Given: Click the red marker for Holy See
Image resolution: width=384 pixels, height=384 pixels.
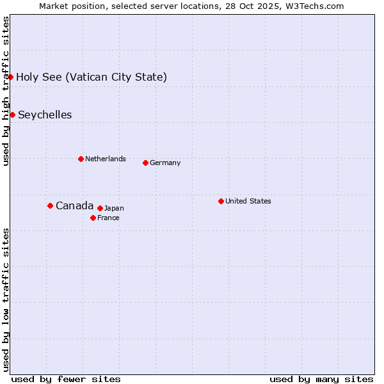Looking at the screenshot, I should point(11,77).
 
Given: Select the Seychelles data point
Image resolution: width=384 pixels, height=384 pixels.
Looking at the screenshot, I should point(12,115).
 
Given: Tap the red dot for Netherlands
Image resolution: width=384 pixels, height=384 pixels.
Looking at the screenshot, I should point(81,159).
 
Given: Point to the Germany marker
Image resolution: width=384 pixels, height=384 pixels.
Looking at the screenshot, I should point(145,163).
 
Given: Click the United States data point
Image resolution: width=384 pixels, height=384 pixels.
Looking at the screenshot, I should point(221,201).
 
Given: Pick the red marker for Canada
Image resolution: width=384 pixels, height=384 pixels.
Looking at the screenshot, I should point(50,205).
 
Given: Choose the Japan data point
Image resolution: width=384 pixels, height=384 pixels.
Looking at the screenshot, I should point(100,208).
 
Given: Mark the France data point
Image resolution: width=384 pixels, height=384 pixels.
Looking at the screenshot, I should point(93,218).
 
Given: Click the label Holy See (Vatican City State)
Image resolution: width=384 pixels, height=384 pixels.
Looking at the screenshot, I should point(92,77).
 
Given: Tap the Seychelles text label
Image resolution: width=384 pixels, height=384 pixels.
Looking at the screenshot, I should point(45,115).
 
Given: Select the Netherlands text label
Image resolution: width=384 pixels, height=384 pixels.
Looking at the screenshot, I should point(106,159).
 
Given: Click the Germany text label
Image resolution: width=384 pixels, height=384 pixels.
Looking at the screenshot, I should point(165,163).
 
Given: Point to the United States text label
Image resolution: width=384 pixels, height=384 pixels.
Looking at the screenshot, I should point(248,201).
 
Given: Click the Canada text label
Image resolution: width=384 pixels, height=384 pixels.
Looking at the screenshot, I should point(74,205).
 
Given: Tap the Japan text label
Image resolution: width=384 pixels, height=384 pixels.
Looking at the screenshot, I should point(114,208).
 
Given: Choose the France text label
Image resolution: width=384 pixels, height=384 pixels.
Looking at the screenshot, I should point(108,218).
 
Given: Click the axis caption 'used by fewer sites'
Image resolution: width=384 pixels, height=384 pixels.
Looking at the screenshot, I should point(66,379).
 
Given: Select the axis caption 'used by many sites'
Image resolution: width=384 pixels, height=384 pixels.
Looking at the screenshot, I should point(321,379).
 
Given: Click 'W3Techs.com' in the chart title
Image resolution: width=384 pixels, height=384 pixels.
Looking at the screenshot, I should point(314,6).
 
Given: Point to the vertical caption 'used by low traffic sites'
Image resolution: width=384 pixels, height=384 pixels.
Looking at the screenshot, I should point(6,299).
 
